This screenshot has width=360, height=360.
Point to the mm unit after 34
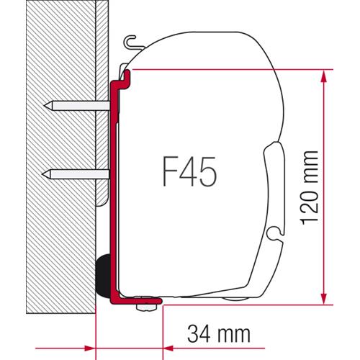tap(232, 333)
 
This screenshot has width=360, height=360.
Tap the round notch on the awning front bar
tap(272, 233)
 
